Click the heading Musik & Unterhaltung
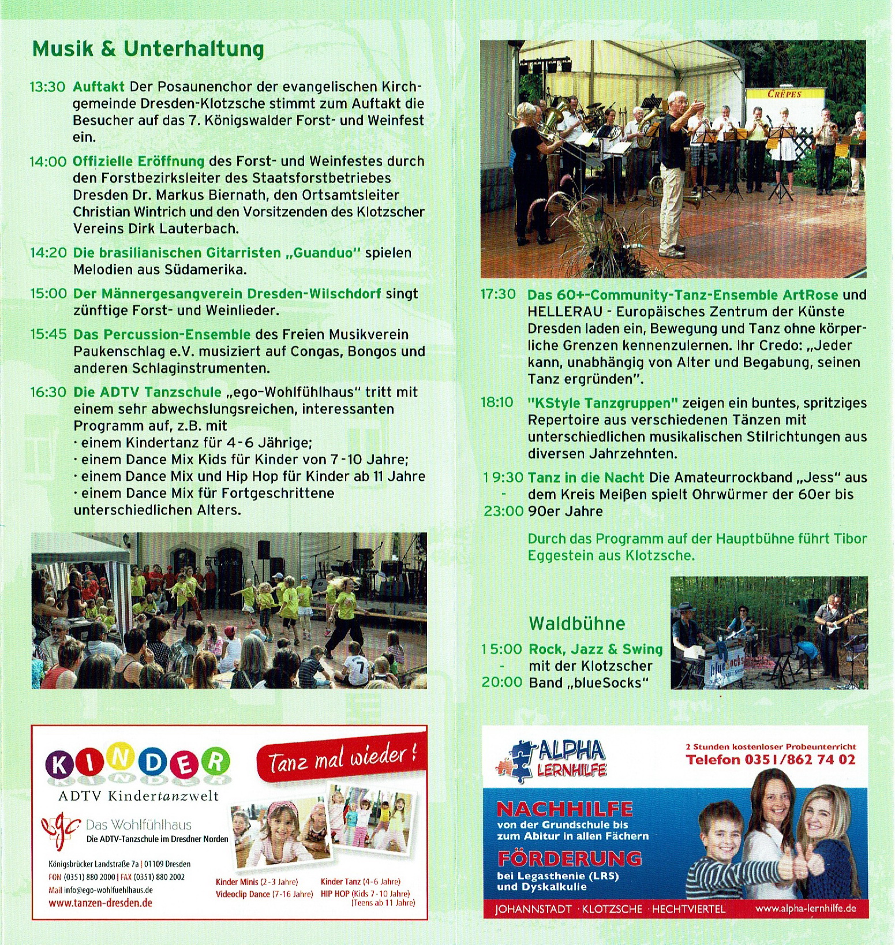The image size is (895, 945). pos(148,49)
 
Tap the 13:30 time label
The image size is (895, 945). pos(47,87)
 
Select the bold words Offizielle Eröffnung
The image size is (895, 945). pos(138,161)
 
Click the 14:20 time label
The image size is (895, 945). pos(48,253)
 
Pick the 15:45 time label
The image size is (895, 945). pos(48,334)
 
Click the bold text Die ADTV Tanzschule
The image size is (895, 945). pos(147,392)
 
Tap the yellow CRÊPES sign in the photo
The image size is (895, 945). pos(784,94)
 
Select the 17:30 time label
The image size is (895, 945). pos(498,294)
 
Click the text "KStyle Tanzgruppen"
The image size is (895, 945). pos(602,403)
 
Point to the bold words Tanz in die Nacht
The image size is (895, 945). pos(586,477)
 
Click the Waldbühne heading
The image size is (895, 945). pos(576,623)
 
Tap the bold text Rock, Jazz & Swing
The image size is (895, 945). pos(596,649)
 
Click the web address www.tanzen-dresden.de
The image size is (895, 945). pos(100,903)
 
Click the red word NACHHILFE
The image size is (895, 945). pos(564,808)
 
